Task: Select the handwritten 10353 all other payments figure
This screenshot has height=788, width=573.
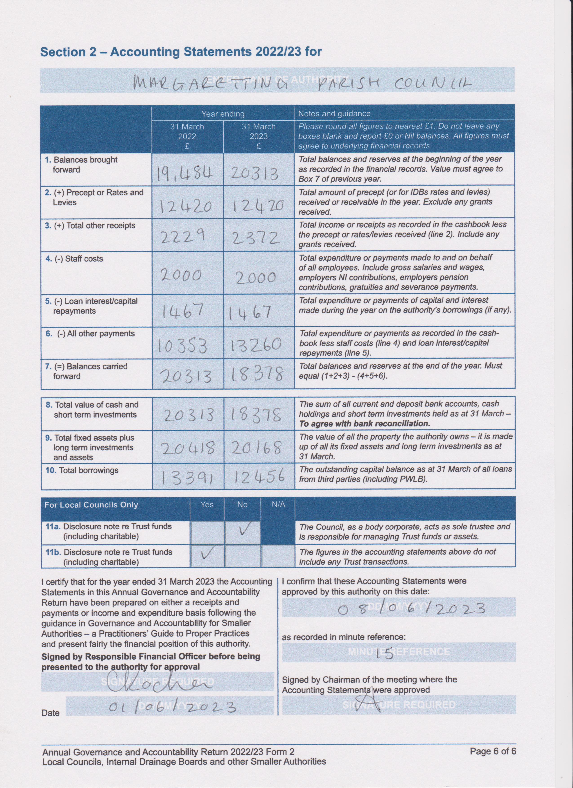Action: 183,346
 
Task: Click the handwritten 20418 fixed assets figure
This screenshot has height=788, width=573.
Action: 188,449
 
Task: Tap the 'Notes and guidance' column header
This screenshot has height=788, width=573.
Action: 334,114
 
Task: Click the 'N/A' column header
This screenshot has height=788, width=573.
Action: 278,504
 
